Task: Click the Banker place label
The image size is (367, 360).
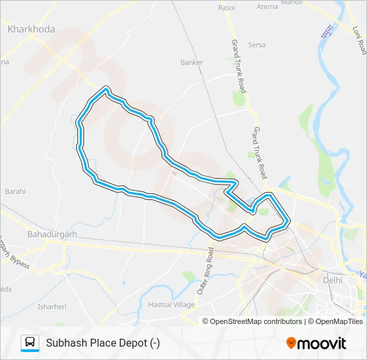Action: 192,63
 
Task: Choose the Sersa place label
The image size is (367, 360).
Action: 257,45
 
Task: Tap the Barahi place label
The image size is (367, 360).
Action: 15,191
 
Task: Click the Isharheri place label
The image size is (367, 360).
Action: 51,307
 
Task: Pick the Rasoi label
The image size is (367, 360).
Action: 227,8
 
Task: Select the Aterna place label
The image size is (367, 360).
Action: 267,7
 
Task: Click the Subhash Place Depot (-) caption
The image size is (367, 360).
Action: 103,343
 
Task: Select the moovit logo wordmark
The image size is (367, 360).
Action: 322,343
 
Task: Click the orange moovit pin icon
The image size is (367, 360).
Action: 291,343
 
